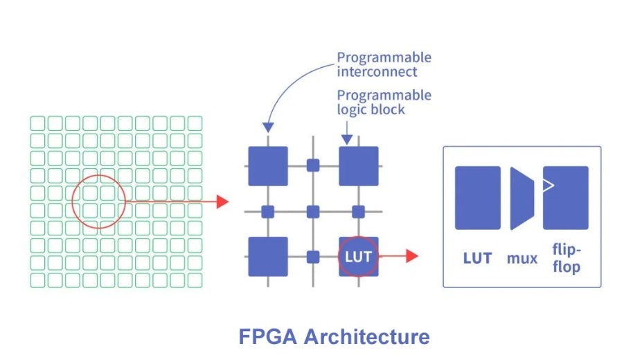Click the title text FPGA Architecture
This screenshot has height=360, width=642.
[x=334, y=337]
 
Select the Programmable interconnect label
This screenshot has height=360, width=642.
[x=384, y=64]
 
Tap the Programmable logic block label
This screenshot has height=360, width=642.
[x=384, y=102]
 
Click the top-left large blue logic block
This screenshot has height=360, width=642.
[x=267, y=166]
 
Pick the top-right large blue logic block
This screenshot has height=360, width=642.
[x=358, y=166]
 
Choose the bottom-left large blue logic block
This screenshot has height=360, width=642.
[x=267, y=256]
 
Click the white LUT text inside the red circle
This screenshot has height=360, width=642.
[x=358, y=257]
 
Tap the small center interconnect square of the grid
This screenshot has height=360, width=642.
[x=313, y=211]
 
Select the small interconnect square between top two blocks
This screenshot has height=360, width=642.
[x=313, y=165]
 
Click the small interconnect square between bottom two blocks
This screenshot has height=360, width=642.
[x=313, y=257]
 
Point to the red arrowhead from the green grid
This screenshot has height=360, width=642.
[x=222, y=201]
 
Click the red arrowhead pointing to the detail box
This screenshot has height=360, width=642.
[x=411, y=256]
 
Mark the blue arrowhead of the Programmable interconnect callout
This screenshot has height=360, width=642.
[x=268, y=127]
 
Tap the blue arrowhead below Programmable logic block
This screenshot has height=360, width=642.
[x=346, y=139]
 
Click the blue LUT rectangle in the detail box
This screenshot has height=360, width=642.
[x=477, y=198]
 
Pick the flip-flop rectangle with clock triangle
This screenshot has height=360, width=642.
[x=565, y=198]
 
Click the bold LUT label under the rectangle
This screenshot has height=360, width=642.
[x=477, y=258]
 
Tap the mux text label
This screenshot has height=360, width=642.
[x=522, y=259]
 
